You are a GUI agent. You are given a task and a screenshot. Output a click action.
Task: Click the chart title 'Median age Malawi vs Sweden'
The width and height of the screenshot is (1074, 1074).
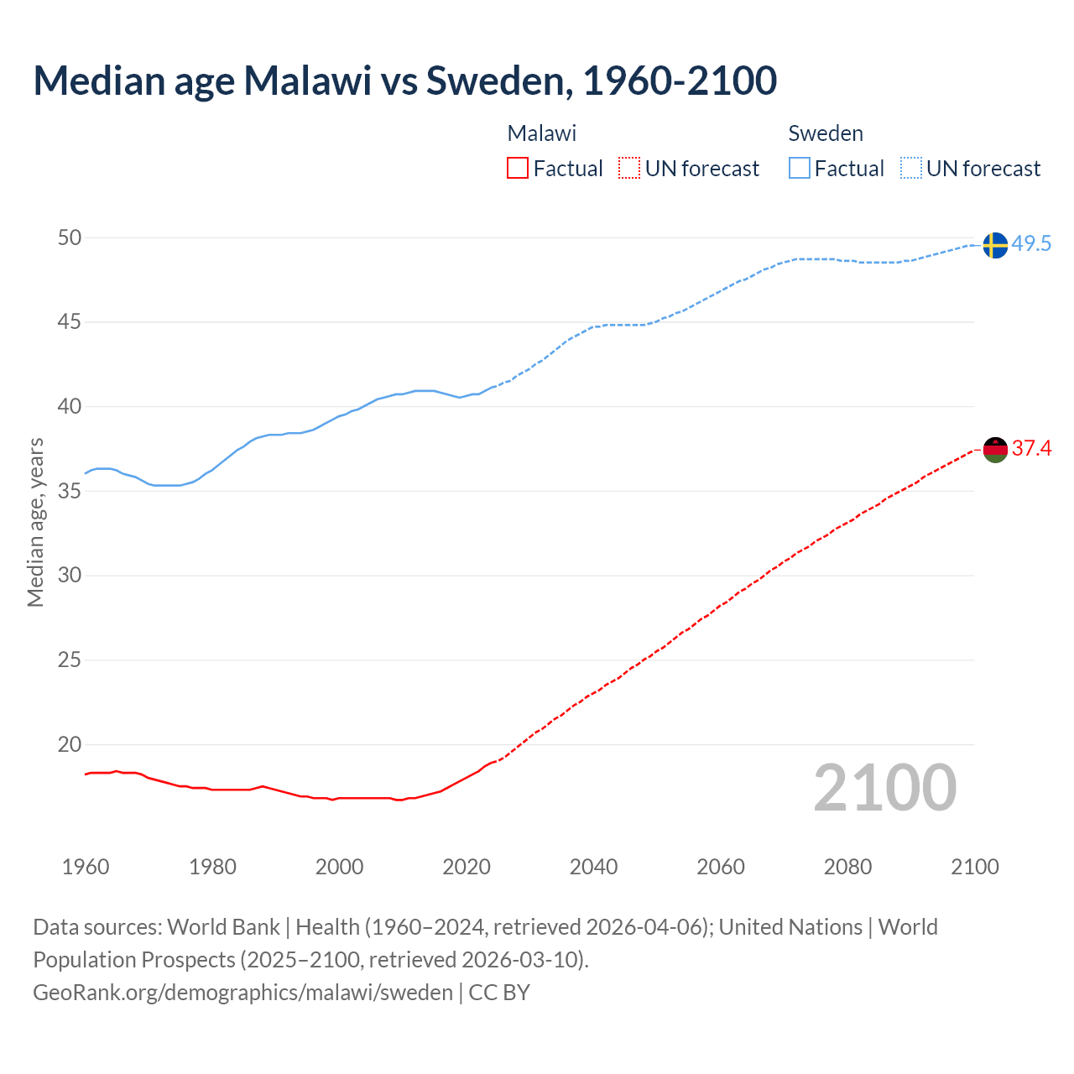point(404,81)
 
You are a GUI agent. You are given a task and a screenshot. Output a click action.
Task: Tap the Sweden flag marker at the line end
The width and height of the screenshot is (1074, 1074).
point(994,245)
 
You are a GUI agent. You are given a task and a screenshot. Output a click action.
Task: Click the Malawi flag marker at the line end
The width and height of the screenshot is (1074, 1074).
point(994,450)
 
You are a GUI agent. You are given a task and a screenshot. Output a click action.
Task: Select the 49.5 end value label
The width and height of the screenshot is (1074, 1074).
point(1031,244)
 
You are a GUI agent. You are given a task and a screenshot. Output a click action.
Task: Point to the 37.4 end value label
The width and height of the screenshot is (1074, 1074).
point(1031,449)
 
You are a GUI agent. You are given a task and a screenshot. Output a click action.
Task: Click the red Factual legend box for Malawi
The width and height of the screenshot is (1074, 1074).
point(518,169)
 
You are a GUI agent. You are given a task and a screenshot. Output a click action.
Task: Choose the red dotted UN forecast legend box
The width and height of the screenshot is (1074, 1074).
point(629,169)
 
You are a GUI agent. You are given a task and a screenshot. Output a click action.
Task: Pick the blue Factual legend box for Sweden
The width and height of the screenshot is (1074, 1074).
point(799,169)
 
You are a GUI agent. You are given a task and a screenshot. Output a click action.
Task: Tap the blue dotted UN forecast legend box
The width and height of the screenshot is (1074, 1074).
point(910,169)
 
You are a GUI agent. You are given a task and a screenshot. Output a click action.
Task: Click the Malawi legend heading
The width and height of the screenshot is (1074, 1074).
point(542,133)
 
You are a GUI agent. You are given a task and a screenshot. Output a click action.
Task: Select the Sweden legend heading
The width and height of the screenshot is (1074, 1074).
point(826,133)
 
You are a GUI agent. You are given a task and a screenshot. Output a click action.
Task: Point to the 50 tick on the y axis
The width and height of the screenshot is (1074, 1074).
point(70,238)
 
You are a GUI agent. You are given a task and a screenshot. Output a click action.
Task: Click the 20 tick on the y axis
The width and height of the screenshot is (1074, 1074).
point(70,745)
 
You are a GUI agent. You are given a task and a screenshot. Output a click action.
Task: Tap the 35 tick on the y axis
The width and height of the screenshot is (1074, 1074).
point(70,492)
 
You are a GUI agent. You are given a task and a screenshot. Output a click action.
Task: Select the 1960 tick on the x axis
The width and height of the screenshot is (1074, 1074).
point(86,867)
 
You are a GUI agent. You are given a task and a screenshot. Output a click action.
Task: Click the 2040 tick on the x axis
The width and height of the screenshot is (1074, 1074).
point(593,867)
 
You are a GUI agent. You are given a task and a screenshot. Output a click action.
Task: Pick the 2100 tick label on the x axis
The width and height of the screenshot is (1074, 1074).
point(974,867)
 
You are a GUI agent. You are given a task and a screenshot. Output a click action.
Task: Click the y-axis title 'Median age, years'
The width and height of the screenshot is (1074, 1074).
point(35,522)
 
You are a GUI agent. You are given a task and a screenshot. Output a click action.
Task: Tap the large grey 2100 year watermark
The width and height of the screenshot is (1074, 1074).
point(884,788)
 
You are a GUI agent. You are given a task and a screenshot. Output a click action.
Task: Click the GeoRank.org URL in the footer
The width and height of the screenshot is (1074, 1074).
point(242,993)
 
